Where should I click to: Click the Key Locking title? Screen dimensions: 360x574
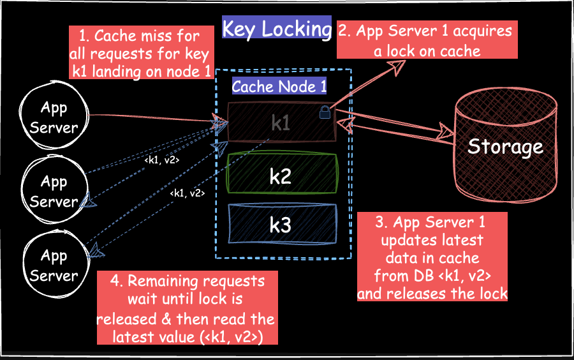tap(276, 29)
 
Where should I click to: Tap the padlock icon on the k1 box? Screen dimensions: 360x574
tap(325, 113)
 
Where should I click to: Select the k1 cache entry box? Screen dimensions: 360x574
tap(281, 122)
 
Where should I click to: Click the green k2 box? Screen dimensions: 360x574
tap(281, 174)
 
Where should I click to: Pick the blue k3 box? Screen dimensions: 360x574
tap(281, 224)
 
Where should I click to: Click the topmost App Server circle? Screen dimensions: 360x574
tap(54, 117)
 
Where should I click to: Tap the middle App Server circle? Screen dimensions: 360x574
tap(54, 191)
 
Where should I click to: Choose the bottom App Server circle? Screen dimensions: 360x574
tap(54, 266)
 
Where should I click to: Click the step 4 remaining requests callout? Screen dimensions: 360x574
tap(186, 308)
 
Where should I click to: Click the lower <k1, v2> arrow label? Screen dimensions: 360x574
tap(186, 193)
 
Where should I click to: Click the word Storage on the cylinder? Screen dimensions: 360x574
tap(504, 147)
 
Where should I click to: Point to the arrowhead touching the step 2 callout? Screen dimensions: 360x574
tap(398, 64)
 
